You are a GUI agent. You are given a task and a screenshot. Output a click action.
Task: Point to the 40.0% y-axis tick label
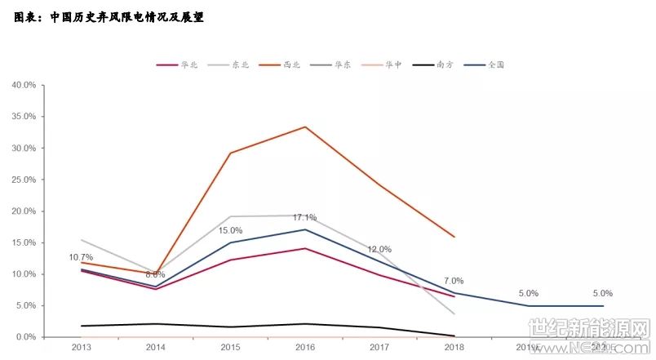click(x=23, y=85)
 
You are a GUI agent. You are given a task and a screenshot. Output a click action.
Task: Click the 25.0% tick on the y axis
click(x=23, y=180)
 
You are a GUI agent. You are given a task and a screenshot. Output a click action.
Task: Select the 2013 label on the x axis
click(x=82, y=348)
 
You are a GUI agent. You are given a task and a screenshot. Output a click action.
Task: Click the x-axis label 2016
click(x=305, y=348)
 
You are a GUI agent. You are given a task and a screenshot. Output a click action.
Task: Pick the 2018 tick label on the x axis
click(x=454, y=348)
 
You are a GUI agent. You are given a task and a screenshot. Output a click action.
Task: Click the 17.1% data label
click(x=305, y=218)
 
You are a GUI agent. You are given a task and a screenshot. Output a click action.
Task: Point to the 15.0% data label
click(x=231, y=231)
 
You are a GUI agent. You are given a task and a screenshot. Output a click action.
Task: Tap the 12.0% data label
click(x=379, y=250)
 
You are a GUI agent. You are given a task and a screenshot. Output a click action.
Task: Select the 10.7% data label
click(x=82, y=258)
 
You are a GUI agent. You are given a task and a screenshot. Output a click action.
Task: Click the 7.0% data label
click(x=454, y=281)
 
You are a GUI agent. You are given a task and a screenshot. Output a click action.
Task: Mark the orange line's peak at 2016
click(x=305, y=127)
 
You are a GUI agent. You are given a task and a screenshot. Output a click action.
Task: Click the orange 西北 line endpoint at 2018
click(x=454, y=237)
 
